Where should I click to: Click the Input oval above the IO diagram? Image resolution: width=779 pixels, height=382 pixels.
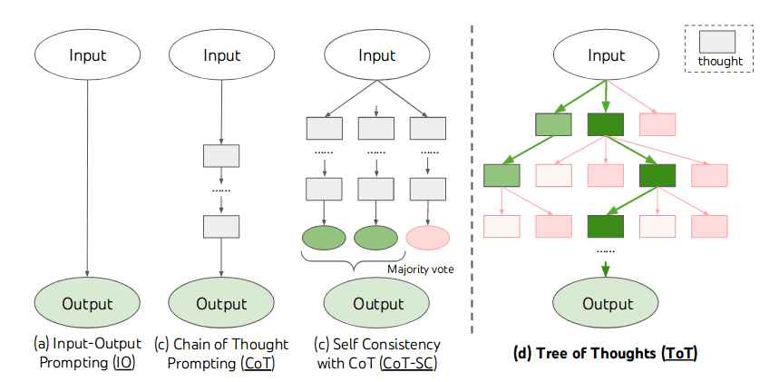(x=87, y=55)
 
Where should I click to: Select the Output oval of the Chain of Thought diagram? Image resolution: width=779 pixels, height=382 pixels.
(x=221, y=303)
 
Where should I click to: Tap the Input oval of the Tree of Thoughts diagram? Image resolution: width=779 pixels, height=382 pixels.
(x=607, y=55)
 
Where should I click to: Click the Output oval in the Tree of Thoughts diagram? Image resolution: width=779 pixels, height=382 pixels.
(x=607, y=303)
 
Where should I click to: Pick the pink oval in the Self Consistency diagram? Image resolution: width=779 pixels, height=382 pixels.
(x=428, y=239)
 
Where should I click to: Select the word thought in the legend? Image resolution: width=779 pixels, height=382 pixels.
(x=720, y=62)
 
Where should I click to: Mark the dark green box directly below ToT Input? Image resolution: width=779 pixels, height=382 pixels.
(x=607, y=124)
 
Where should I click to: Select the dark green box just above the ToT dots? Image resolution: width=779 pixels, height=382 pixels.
(x=607, y=225)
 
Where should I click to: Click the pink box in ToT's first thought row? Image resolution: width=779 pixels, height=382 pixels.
(x=658, y=124)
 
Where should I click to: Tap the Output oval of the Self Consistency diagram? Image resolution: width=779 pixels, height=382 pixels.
(x=378, y=303)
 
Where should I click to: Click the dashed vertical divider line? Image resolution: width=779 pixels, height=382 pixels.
(x=472, y=181)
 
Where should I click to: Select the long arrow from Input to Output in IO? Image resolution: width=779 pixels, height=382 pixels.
(x=87, y=181)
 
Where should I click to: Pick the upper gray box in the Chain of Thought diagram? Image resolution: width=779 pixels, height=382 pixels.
(x=221, y=155)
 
